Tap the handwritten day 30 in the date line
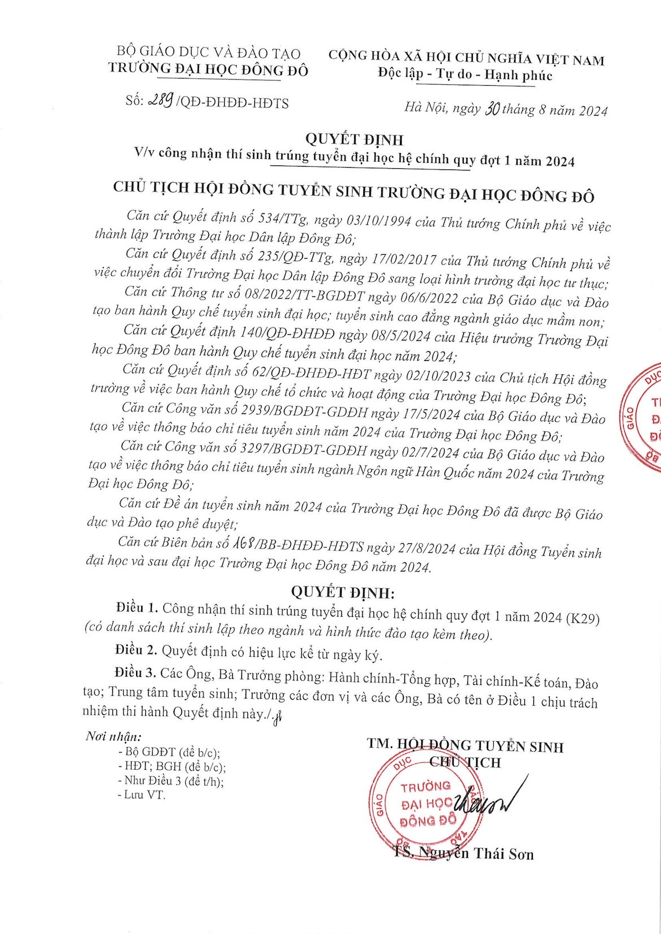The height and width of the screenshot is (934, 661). (x=492, y=109)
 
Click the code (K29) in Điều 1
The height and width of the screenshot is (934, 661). (x=582, y=618)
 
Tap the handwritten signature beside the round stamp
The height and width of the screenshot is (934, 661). (x=489, y=802)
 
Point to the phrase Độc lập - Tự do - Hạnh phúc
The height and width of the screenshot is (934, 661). (x=465, y=75)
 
